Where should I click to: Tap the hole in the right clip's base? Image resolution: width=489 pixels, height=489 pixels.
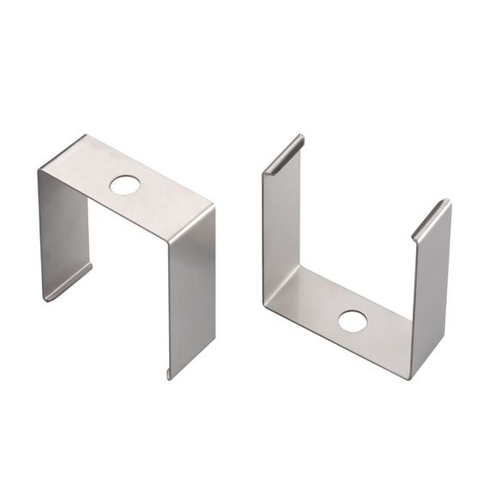[352, 322]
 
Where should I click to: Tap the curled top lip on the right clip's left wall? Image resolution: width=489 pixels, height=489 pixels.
[283, 154]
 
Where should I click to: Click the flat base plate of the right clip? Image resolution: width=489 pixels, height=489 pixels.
[352, 313]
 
